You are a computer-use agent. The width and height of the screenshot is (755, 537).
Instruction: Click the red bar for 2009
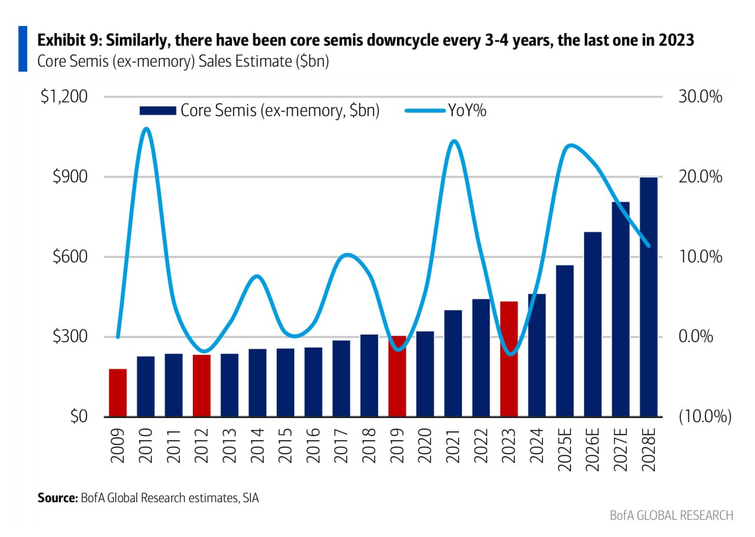pos(118,393)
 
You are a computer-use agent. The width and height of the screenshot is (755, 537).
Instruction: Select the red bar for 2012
pos(202,386)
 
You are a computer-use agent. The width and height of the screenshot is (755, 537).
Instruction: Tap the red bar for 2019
pos(397,376)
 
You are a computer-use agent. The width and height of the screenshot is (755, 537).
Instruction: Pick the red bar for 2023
pos(509,359)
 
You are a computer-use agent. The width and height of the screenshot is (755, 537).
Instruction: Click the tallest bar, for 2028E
pos(649,297)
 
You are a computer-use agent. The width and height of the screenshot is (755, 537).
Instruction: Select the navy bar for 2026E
pos(593,325)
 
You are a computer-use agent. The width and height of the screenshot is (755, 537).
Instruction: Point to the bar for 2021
pos(453,364)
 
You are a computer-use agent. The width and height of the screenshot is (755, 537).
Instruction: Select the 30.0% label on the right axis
pos(701,97)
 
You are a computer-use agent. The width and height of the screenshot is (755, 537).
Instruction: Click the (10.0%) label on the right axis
pos(705,417)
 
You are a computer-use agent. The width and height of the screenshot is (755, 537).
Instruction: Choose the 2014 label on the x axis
pos(258,446)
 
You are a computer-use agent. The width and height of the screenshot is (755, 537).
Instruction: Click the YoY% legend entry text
pos(467,110)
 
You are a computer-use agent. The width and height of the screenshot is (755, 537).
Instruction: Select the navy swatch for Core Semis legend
pos(157,110)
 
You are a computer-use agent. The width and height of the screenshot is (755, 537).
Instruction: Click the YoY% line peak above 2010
pos(146,129)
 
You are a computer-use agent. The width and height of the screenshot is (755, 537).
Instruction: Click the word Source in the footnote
pos(57,498)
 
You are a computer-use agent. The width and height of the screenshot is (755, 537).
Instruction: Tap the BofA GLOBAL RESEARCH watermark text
pos(672,515)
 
